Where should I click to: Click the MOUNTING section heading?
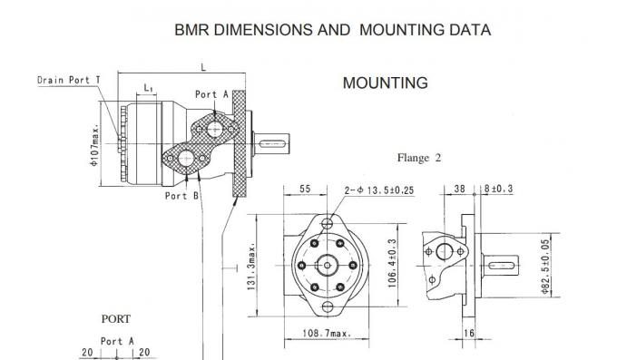[386, 83]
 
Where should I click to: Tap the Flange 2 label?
[419, 158]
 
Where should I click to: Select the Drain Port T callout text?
[69, 80]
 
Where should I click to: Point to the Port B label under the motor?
[181, 196]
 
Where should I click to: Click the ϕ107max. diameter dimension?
[94, 145]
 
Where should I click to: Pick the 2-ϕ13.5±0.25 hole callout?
[379, 190]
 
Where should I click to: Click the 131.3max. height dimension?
[251, 266]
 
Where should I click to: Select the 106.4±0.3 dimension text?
[392, 263]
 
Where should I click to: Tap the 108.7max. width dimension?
[327, 333]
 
